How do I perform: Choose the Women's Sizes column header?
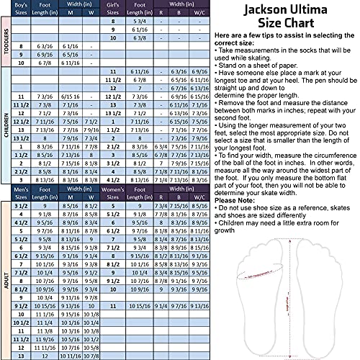point(113,192)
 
